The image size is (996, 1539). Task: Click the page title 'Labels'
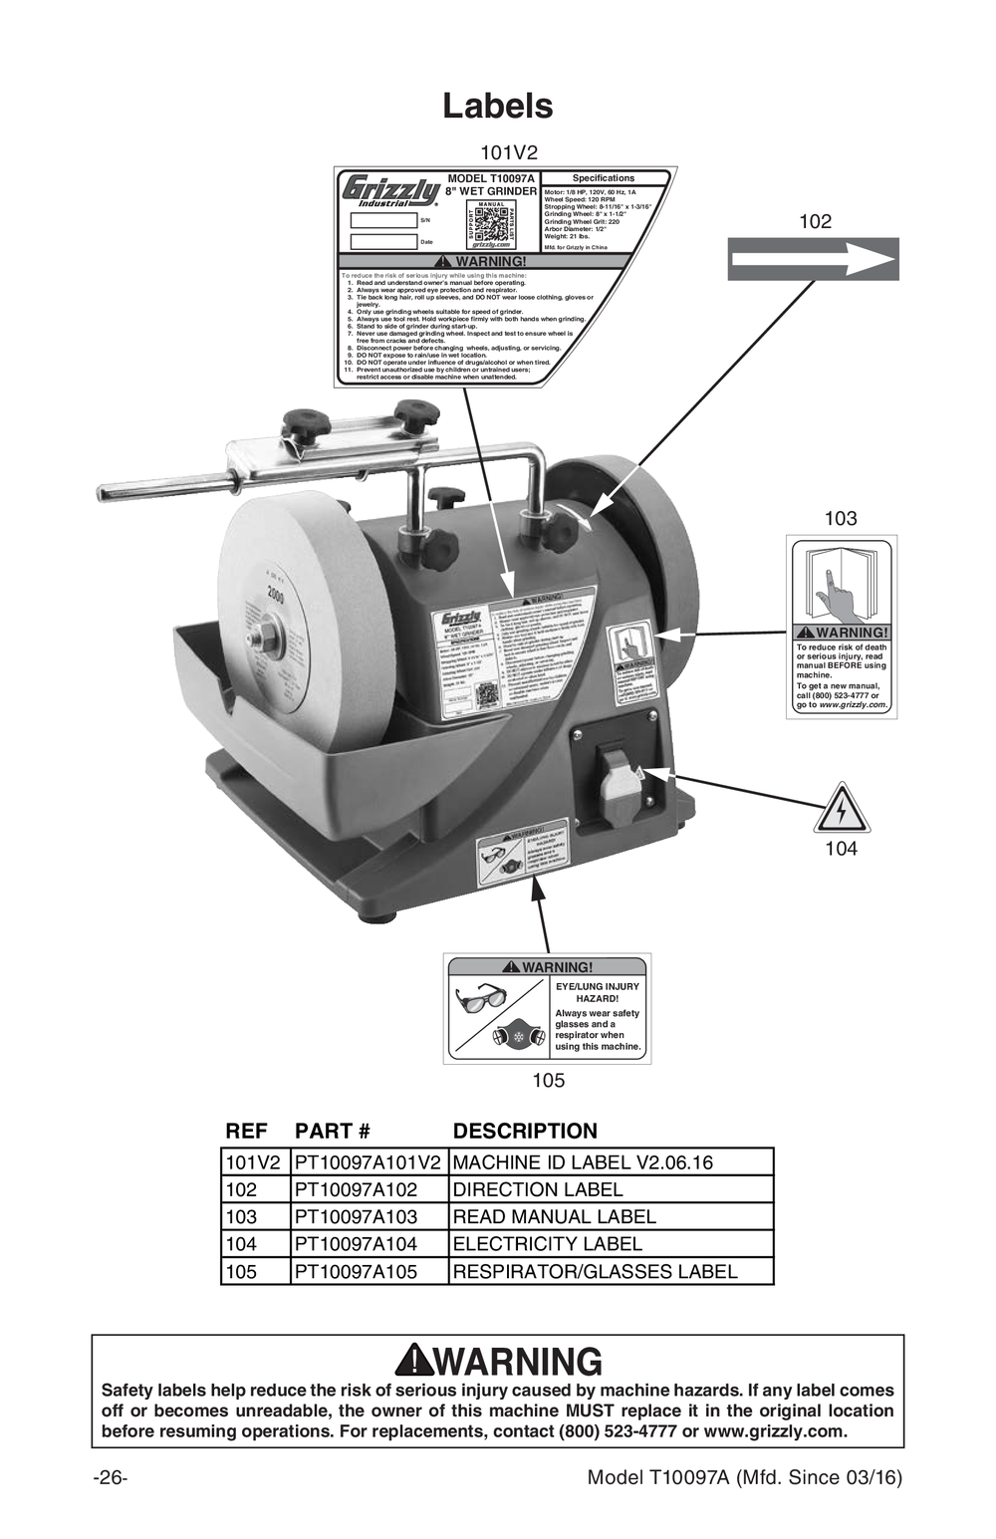click(497, 106)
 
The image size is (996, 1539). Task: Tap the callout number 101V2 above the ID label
click(508, 152)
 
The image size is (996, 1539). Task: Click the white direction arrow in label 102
click(813, 261)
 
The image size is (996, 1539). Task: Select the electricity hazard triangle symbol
click(842, 809)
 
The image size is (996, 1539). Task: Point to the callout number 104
click(841, 849)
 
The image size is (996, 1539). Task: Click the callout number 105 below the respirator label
click(548, 1080)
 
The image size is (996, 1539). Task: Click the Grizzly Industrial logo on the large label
click(389, 190)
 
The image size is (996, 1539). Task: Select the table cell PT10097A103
click(356, 1216)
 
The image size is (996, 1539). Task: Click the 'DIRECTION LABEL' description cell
click(538, 1189)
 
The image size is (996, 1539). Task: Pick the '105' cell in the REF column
click(241, 1271)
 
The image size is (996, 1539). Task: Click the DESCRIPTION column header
click(525, 1131)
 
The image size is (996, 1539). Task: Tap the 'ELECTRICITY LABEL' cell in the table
click(547, 1243)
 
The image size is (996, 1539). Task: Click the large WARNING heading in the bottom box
click(498, 1361)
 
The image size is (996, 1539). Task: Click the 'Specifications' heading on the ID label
click(603, 178)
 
